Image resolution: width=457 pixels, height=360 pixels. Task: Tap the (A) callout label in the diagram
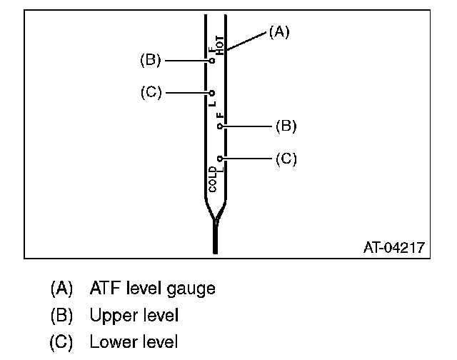278,31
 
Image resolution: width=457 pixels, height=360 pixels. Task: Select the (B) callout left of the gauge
150,61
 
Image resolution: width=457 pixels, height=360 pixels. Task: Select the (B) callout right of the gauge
286,126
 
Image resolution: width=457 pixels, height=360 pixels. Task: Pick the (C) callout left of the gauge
150,92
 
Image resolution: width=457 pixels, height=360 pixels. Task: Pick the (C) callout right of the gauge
286,159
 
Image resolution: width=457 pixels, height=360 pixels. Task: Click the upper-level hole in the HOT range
212,61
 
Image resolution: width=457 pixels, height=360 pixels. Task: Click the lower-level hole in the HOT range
212,93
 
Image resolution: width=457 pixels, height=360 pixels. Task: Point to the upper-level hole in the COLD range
220,126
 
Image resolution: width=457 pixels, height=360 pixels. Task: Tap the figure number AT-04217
394,248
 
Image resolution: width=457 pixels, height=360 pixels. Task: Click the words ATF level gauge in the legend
152,289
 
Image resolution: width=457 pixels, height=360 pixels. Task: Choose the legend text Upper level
134,315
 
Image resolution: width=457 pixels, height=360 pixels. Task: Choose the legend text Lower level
134,341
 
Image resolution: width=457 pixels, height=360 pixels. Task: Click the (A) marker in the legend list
61,289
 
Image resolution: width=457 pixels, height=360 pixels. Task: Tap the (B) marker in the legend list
61,315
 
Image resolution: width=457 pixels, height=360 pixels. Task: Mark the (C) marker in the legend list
61,341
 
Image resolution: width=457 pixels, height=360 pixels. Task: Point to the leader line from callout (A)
246,41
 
